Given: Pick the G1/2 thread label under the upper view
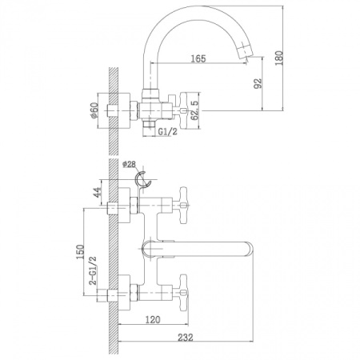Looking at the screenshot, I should point(166,132).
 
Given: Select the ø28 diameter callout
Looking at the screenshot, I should point(131,165).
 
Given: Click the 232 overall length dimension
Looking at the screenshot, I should point(186,338).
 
